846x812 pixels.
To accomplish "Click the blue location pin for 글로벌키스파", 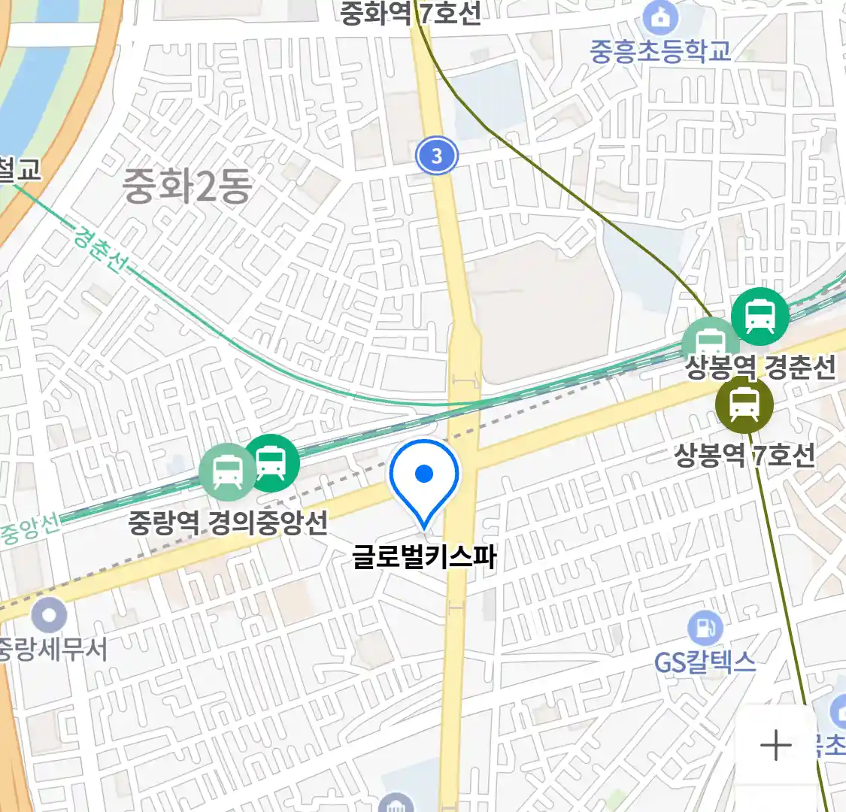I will click(x=424, y=478).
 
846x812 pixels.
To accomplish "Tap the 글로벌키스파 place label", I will click(x=424, y=557).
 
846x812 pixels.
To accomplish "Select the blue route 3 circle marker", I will click(x=436, y=156).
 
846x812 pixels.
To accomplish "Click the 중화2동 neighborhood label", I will click(x=186, y=186).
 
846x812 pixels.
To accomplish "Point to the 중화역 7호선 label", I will click(x=410, y=13).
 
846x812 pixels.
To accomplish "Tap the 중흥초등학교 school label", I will click(x=660, y=51).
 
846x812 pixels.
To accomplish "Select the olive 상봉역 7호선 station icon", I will click(x=744, y=405).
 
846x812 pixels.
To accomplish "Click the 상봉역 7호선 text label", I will click(x=744, y=454).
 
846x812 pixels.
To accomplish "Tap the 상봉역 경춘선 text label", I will click(x=760, y=367).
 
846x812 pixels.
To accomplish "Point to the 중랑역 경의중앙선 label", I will click(x=228, y=522).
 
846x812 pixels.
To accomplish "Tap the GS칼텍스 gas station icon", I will click(x=705, y=628).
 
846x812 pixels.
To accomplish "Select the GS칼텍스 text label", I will click(x=705, y=662).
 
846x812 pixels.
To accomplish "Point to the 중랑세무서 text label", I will click(x=53, y=649).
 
